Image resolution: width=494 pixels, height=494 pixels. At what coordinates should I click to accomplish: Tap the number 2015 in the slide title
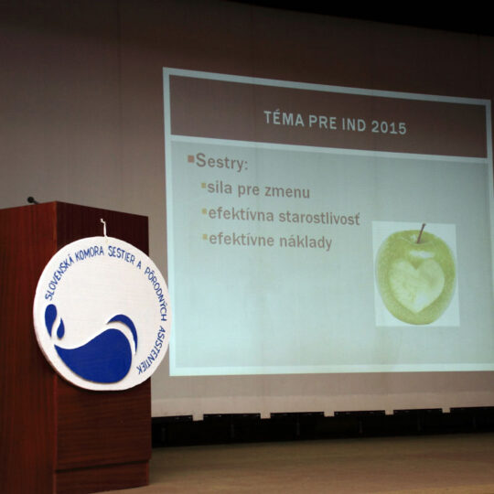389,127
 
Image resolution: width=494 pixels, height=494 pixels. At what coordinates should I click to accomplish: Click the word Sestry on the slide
221,161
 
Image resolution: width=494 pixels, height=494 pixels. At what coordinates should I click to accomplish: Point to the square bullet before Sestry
191,158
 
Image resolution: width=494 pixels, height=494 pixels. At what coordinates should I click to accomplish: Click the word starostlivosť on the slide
319,218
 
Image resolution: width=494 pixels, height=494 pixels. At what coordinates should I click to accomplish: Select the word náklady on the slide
306,242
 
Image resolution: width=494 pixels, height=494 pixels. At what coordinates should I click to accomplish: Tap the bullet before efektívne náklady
205,236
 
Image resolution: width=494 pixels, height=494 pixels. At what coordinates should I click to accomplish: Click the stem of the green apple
421,233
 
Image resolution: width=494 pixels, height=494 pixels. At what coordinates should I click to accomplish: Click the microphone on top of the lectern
32,199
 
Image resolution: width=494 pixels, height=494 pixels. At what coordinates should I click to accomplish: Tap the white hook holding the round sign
103,227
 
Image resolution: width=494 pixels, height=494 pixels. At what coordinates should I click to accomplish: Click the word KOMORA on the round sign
90,252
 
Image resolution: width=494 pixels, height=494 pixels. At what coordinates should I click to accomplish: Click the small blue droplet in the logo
59,328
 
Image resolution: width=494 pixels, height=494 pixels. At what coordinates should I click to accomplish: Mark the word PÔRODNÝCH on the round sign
156,293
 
